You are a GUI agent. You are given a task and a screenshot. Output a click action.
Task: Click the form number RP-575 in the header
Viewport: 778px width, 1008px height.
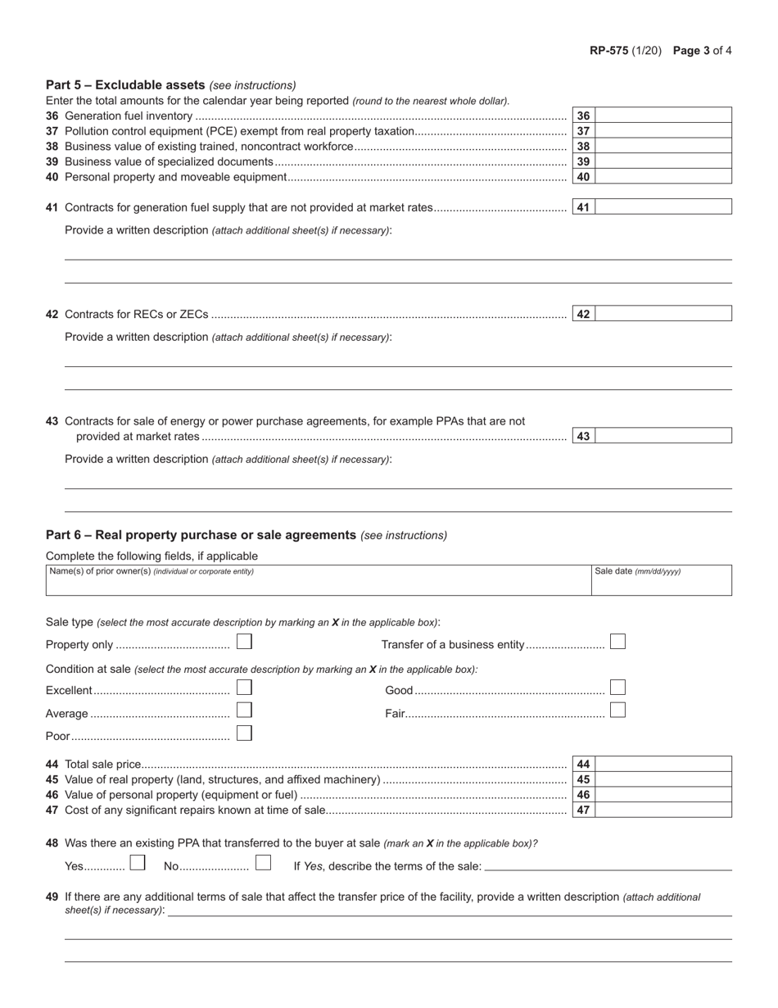[x=608, y=50]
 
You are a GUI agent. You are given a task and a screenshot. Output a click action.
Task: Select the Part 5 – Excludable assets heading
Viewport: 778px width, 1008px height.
[x=125, y=84]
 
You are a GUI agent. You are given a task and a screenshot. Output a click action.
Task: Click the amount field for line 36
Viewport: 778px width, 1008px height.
[x=663, y=116]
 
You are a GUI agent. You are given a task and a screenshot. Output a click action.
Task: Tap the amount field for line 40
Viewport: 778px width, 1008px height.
[x=663, y=176]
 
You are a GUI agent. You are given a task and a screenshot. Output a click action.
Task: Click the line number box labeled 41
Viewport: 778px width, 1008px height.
[x=583, y=207]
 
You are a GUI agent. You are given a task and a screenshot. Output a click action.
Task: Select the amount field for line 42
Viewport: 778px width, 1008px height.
[x=663, y=314]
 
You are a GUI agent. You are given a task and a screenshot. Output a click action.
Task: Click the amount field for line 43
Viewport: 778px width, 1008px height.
[x=663, y=436]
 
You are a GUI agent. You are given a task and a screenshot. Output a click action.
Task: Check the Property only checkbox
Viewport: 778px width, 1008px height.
[x=244, y=642]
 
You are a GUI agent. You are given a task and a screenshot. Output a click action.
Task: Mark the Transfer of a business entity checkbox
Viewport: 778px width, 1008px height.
[x=618, y=642]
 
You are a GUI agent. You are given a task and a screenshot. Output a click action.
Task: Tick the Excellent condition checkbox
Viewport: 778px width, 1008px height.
[x=244, y=688]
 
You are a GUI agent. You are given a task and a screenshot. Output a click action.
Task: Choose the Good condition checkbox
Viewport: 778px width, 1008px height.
[x=618, y=688]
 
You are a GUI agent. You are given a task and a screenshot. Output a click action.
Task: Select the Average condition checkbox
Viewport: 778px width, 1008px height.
[x=244, y=711]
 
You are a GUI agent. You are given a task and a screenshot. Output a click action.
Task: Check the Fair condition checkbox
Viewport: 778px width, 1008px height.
[x=618, y=711]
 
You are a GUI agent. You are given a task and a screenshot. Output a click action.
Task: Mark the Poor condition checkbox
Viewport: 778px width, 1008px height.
[x=244, y=733]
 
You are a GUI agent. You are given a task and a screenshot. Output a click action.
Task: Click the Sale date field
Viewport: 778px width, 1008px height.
[x=661, y=583]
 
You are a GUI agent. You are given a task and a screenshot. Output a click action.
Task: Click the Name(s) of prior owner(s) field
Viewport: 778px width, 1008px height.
[x=318, y=583]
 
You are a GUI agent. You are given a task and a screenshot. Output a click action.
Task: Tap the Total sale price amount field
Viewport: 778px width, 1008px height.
[x=663, y=764]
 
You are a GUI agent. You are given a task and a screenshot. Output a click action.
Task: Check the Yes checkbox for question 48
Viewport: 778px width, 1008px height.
[x=138, y=863]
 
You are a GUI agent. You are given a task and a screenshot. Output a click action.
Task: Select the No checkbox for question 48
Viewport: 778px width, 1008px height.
[x=263, y=863]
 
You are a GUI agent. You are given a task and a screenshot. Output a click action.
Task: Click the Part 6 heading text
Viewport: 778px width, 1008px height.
[x=201, y=535]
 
